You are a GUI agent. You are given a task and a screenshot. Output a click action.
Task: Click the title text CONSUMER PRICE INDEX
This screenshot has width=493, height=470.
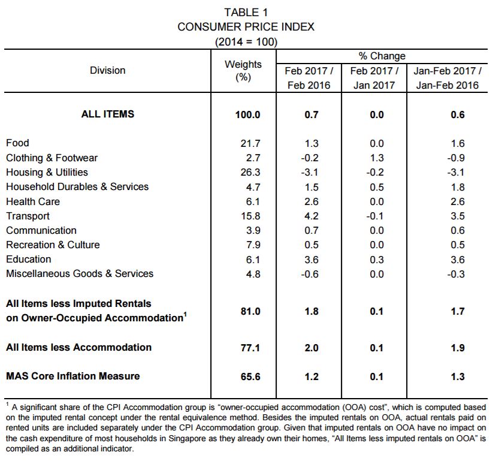point(246,27)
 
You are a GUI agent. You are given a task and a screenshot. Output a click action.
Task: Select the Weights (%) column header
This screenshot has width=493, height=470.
point(243,71)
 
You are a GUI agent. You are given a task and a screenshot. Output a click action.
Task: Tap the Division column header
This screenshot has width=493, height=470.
point(108,70)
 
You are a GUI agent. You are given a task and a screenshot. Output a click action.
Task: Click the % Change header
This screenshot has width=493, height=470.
point(382,56)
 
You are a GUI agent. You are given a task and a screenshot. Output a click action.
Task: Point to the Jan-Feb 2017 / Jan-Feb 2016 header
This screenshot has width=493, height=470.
point(447,78)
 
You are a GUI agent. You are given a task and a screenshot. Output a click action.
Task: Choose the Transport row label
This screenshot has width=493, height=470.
point(28,216)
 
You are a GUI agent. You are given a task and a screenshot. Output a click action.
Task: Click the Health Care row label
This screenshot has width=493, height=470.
point(33,201)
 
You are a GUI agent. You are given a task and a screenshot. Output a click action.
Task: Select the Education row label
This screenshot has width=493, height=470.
point(29,259)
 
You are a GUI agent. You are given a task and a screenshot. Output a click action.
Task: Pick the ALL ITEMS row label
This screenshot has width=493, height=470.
point(108,114)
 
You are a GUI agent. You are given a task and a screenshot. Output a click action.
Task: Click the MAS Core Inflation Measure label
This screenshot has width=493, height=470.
point(73,376)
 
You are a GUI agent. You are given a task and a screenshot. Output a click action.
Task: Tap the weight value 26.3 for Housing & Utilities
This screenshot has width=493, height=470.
point(250,173)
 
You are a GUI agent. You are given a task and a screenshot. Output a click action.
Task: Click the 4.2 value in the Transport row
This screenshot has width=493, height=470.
point(311,216)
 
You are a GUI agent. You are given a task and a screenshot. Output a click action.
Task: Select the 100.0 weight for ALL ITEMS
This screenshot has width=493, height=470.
point(248,115)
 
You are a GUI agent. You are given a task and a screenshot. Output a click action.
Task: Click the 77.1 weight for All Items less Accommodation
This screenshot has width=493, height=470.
point(250,348)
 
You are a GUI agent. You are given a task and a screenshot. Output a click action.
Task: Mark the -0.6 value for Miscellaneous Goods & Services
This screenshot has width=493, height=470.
point(310,274)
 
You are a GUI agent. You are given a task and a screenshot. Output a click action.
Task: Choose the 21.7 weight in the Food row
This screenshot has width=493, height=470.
point(250,143)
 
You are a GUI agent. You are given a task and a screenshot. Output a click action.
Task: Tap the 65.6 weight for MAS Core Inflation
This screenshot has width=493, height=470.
point(250,376)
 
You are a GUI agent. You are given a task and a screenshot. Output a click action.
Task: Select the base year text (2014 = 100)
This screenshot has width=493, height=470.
point(246,42)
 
